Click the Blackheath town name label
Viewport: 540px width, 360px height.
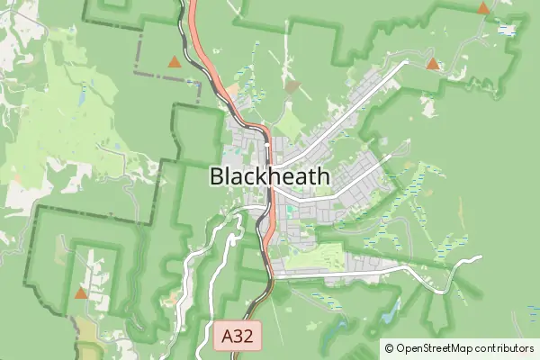tap(269, 176)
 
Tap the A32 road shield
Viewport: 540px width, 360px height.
tap(240, 337)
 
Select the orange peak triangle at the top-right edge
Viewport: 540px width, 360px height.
tap(483, 8)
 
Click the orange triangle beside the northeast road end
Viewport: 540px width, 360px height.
tap(433, 64)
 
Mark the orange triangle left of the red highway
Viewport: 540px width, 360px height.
tap(174, 62)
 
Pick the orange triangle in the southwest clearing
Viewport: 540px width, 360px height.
tap(81, 292)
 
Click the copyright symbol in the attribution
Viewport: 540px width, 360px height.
tap(389, 347)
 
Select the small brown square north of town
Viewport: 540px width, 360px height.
tap(291, 87)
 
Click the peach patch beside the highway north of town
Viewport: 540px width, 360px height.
tap(232, 90)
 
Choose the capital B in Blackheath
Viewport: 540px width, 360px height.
tap(217, 176)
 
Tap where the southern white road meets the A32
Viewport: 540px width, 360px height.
tap(270, 276)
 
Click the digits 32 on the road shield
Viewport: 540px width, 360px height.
tap(247, 337)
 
